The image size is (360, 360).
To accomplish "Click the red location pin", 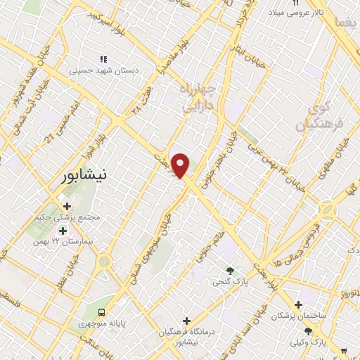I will [181, 165].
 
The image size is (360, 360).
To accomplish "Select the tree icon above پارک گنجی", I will [229, 271].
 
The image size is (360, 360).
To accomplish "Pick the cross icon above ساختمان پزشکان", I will [299, 305].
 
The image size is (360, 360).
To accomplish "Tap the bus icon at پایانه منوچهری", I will [103, 311].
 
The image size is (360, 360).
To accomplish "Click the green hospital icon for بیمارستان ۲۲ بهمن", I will [63, 231].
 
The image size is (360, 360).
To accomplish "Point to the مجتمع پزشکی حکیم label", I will [67, 217].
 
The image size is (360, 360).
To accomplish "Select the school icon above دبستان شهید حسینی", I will [103, 60].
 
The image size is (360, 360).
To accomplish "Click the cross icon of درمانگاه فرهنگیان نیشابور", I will [186, 321].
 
